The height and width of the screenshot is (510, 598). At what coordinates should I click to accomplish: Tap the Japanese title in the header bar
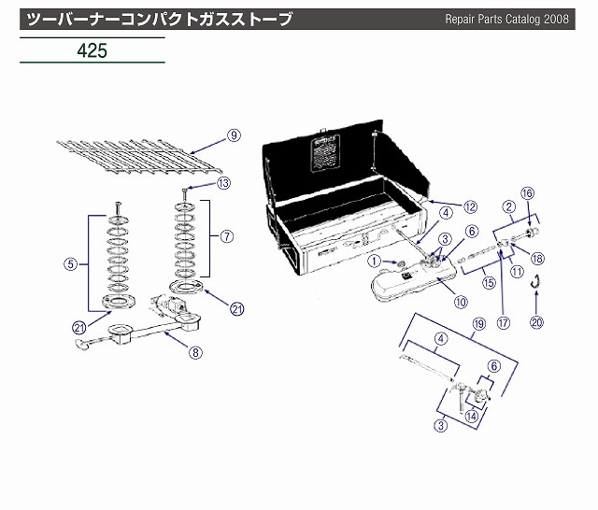click(x=159, y=18)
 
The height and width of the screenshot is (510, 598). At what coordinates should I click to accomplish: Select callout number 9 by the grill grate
click(x=234, y=135)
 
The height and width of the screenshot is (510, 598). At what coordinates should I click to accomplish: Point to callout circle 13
click(x=222, y=184)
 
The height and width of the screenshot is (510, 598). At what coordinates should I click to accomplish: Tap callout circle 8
click(x=195, y=352)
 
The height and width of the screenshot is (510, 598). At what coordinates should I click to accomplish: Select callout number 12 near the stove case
click(x=470, y=205)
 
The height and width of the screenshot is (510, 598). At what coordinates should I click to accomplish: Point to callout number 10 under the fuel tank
click(x=434, y=301)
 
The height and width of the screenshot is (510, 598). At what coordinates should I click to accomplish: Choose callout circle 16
click(x=528, y=192)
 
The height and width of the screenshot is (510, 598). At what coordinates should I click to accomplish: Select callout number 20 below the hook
click(x=536, y=323)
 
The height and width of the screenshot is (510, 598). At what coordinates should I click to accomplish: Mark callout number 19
click(x=479, y=324)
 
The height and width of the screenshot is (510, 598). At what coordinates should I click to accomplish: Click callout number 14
click(x=473, y=418)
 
